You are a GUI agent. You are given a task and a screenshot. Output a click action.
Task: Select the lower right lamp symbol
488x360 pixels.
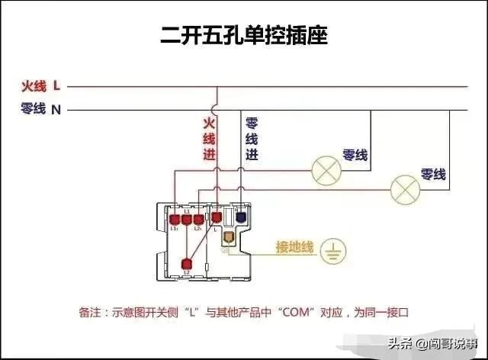click(405, 186)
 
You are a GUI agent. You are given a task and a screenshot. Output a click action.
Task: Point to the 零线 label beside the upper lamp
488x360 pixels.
click(355, 155)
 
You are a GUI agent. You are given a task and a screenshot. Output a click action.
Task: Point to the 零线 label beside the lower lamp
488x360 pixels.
click(434, 175)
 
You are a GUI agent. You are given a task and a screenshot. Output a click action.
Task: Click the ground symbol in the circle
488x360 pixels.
click(332, 252)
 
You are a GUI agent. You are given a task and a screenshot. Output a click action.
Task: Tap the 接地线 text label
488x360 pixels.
click(294, 248)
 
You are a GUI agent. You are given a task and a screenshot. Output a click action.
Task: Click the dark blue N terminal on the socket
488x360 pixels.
click(241, 217)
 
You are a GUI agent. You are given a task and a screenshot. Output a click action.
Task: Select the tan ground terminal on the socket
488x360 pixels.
click(228, 236)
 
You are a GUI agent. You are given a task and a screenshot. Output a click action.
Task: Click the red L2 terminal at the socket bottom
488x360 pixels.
click(187, 264)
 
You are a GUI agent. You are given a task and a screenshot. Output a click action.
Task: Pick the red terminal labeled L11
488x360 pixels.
click(175, 219)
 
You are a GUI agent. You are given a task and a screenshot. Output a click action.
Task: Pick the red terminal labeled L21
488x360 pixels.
click(198, 219)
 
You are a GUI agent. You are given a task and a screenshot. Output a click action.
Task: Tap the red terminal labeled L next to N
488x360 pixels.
click(216, 217)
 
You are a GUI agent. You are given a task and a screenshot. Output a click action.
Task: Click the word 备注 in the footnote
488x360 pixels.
click(88, 312)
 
